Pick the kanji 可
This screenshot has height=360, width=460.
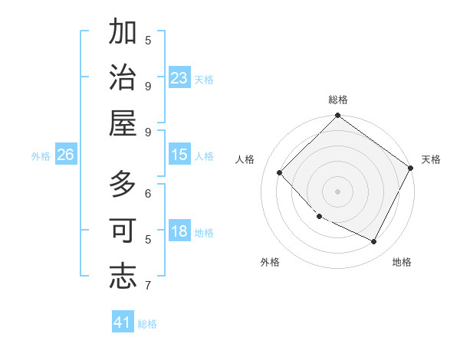pos(123,231)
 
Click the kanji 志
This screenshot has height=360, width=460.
pos(123,276)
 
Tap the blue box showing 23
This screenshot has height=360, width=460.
pos(179,78)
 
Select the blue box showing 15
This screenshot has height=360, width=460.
pos(179,155)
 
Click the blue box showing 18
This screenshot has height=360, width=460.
pos(179,232)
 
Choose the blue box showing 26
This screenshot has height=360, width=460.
pos(66,155)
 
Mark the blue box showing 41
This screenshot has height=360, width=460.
pos(123,322)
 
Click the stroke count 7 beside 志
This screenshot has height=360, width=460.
pos(148,286)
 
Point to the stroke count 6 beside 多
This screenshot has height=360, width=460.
pos(148,195)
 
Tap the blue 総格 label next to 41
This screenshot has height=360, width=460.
pos(147,324)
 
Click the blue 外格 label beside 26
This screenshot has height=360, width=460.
pos(41,156)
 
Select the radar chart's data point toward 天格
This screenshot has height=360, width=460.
pos(411,168)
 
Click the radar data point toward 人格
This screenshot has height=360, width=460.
pos(280,172)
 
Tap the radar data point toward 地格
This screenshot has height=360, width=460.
pos(374,241)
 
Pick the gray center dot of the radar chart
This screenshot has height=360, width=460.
pos(337,191)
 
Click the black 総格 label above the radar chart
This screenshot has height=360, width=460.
pos(337,100)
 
